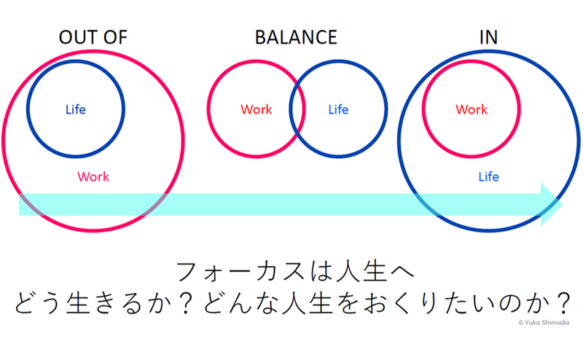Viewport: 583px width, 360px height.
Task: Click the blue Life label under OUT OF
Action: click(x=75, y=110)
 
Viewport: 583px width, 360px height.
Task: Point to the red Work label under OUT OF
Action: click(x=93, y=176)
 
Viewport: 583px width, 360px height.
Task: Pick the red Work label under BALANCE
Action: click(x=256, y=110)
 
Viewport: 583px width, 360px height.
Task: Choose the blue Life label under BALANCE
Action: click(x=338, y=110)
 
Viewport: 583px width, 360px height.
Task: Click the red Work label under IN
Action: click(x=472, y=110)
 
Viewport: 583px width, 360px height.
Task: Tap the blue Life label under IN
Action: click(x=488, y=176)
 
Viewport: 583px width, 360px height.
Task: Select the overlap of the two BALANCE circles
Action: click(x=297, y=110)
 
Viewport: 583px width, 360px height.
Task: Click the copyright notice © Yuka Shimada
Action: click(x=544, y=322)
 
